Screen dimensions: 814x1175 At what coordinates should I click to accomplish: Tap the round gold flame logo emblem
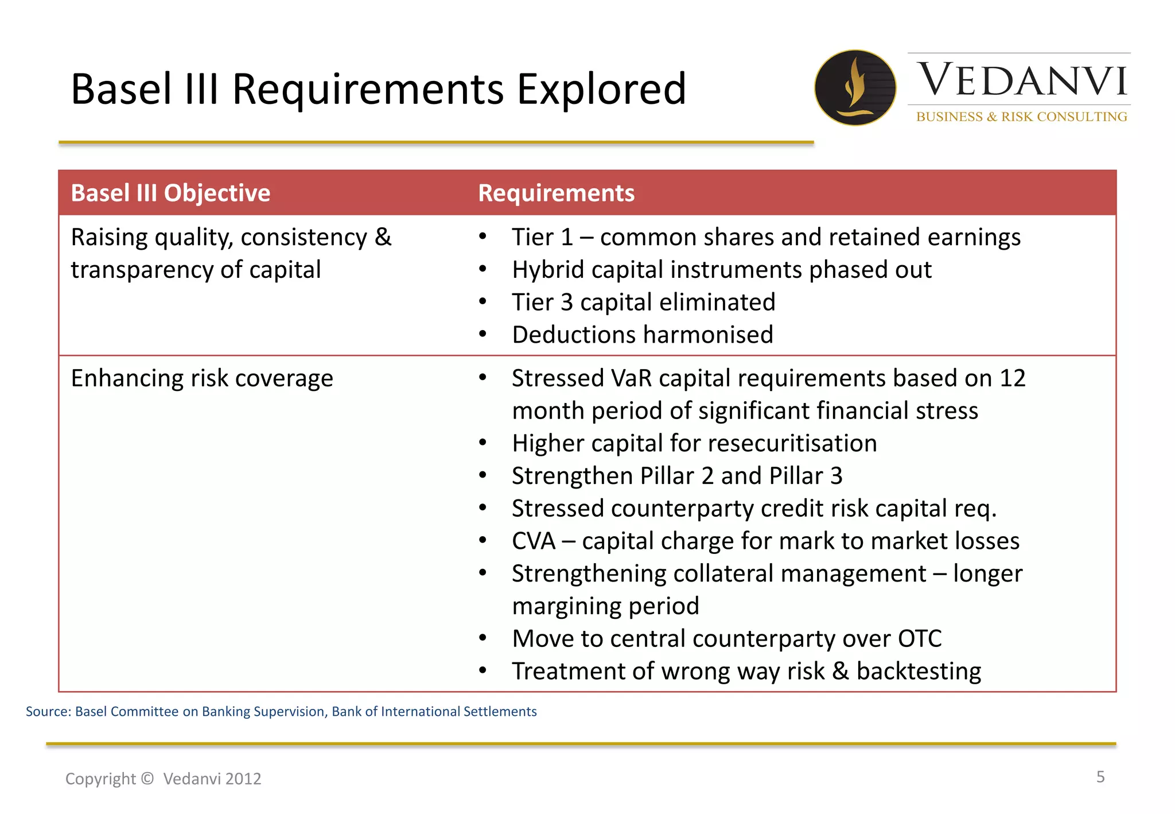[855, 88]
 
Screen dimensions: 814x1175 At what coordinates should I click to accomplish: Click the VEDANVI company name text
[1022, 80]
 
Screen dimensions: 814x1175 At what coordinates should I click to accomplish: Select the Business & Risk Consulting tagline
[1021, 117]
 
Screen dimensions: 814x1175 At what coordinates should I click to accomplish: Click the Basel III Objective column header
[170, 193]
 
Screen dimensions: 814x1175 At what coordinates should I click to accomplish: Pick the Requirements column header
[556, 193]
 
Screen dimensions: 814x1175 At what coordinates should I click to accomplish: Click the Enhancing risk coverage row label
[202, 378]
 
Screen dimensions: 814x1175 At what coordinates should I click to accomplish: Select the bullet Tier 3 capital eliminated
[643, 302]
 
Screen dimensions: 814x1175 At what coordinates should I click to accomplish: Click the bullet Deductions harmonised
[642, 335]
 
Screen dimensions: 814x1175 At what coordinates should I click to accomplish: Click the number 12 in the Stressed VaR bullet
[1012, 378]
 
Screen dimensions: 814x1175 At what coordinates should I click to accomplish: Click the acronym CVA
[534, 541]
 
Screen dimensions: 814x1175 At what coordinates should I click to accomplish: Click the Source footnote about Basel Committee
[281, 711]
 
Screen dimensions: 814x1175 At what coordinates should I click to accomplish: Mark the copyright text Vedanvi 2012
[212, 778]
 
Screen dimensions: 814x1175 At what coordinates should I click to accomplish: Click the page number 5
[1100, 777]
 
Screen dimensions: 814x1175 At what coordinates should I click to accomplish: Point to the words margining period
[605, 606]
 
